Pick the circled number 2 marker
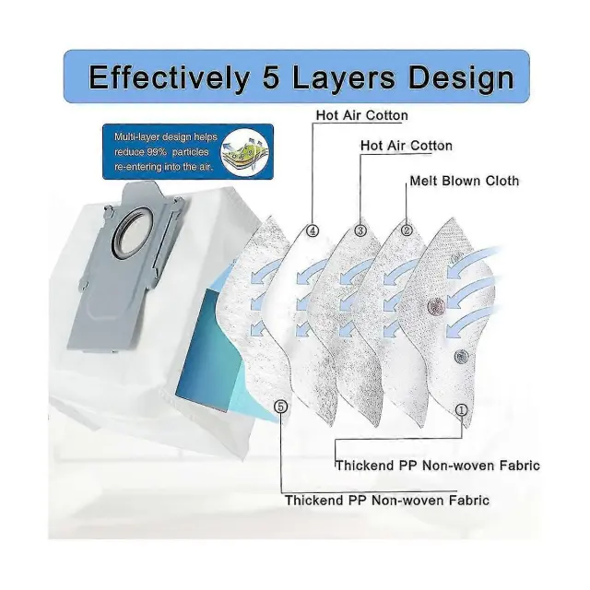(407, 230)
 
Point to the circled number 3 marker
(360, 230)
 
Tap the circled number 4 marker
(313, 230)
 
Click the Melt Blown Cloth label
(464, 181)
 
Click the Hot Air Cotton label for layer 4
(361, 115)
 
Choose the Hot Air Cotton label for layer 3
(406, 146)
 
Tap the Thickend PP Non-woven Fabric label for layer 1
(437, 466)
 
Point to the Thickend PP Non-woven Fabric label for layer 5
(386, 500)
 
